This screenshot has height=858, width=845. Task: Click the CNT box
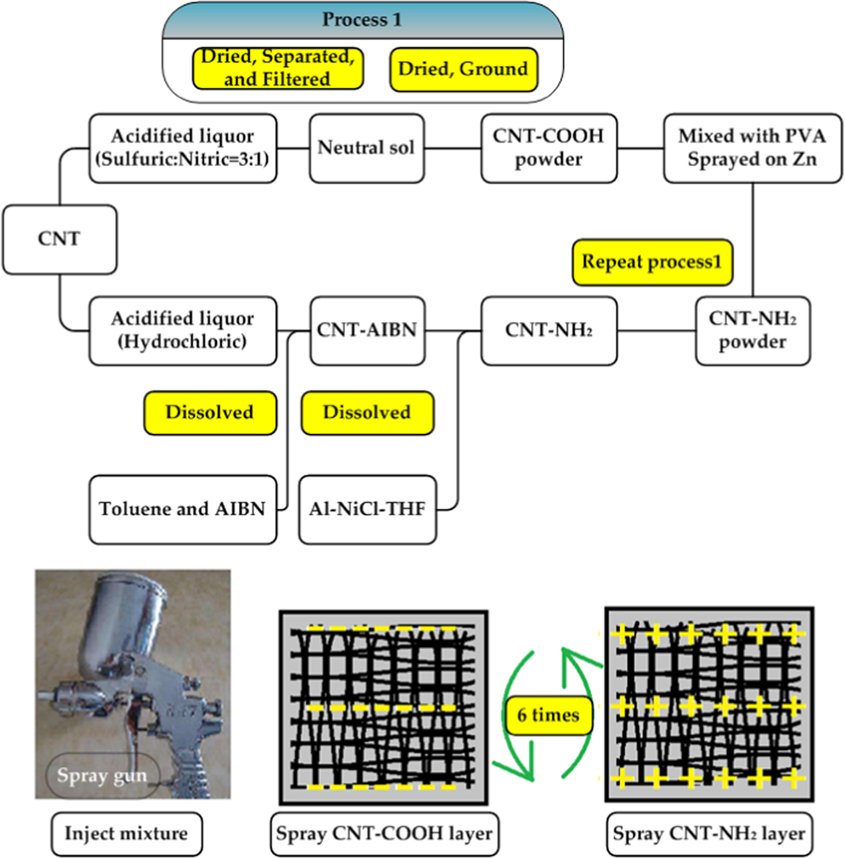pos(59,239)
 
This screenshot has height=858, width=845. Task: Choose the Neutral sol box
pos(366,148)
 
